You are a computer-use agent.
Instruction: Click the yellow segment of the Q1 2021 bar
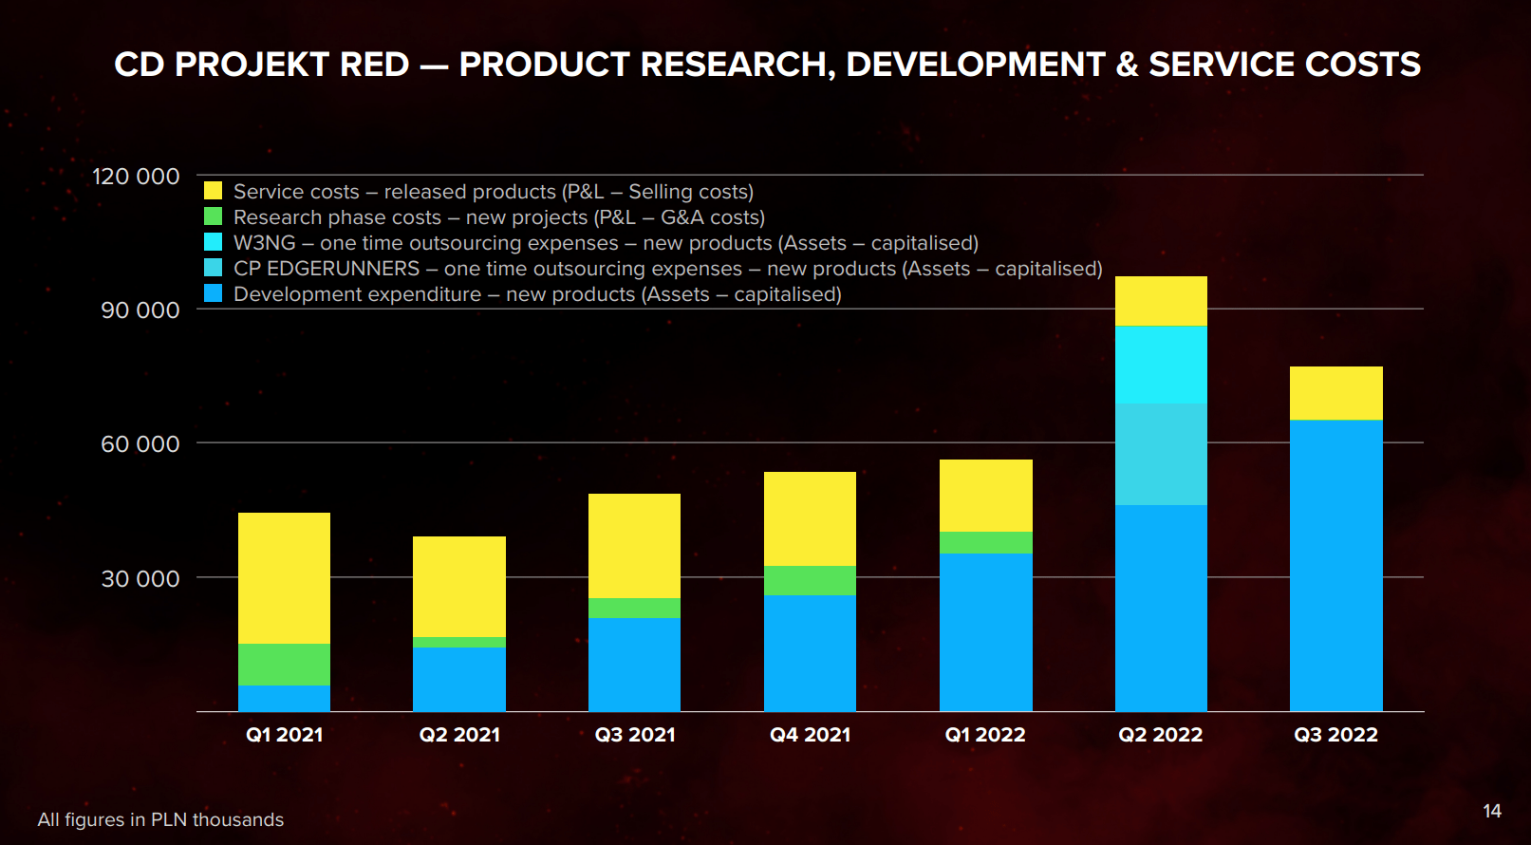pos(284,577)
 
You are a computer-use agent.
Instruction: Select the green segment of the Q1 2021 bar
pos(284,664)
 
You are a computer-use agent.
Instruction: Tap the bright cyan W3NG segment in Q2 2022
pos(1161,365)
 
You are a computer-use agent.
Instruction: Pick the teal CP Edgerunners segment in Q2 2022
pos(1161,454)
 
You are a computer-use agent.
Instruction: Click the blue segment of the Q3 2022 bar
pos(1335,565)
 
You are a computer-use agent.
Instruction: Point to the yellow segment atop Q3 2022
pos(1335,393)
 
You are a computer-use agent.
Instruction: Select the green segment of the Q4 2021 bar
pos(810,580)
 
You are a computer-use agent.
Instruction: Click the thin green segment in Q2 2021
pos(459,642)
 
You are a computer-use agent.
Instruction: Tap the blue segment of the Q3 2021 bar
pos(634,664)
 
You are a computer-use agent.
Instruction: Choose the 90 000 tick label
pos(140,310)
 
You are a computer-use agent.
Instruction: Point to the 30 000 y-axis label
pos(140,579)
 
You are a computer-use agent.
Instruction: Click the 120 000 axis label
pos(136,177)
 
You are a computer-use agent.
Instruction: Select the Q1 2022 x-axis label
pos(985,735)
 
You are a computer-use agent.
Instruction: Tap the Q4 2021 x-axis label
pos(810,735)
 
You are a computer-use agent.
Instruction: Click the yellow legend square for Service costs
pos(214,191)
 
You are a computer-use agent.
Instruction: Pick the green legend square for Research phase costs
pos(214,216)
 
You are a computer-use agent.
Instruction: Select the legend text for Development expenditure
pos(537,294)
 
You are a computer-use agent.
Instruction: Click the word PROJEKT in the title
pos(291,65)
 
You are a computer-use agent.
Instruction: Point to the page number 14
pos(1492,811)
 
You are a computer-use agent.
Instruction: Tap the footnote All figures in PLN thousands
pos(160,819)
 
